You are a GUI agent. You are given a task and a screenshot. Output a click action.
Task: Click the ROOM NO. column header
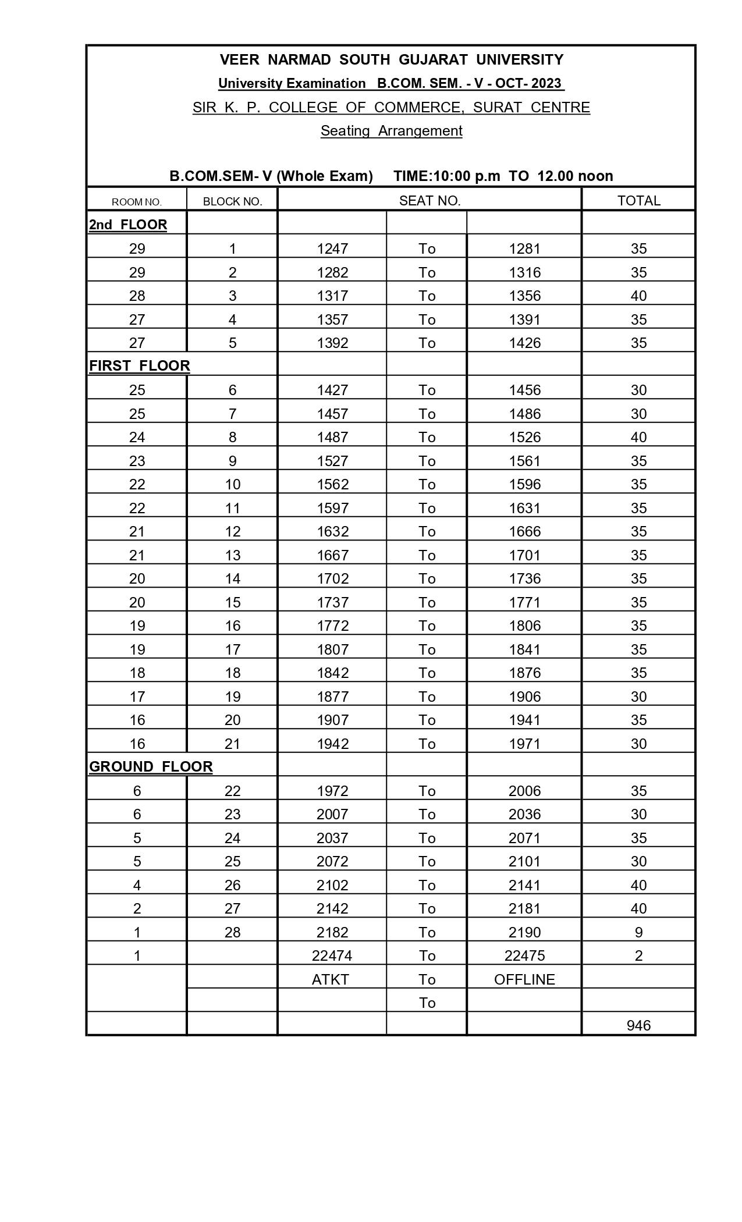[137, 202]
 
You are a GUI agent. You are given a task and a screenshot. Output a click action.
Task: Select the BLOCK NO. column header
[232, 202]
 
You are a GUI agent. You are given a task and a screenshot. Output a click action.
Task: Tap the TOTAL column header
[638, 201]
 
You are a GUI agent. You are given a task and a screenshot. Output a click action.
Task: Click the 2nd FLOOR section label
[128, 225]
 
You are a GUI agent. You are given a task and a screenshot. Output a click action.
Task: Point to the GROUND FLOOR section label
[151, 766]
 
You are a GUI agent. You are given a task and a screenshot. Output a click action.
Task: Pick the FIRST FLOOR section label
[140, 365]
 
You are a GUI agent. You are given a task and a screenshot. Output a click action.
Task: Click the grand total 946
[638, 1025]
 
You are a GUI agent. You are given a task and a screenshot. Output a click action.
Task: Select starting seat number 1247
[332, 248]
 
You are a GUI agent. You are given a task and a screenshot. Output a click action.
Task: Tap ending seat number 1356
[524, 296]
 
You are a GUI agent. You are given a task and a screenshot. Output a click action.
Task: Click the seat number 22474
[332, 955]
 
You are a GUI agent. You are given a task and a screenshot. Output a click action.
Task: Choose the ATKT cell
[331, 979]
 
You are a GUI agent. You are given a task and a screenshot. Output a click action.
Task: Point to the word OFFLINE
[524, 979]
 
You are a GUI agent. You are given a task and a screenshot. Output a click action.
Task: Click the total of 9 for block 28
[638, 932]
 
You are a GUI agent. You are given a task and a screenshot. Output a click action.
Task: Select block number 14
[232, 578]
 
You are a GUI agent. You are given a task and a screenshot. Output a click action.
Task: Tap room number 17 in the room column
[137, 697]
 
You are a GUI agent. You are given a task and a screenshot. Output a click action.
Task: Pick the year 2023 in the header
[546, 83]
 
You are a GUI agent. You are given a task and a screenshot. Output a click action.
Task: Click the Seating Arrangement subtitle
[391, 130]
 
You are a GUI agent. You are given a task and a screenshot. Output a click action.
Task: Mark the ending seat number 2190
[524, 932]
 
